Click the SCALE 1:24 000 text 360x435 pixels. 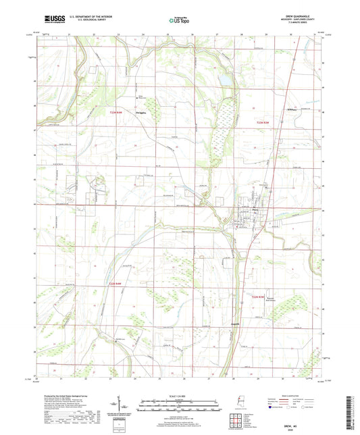(180, 396)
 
